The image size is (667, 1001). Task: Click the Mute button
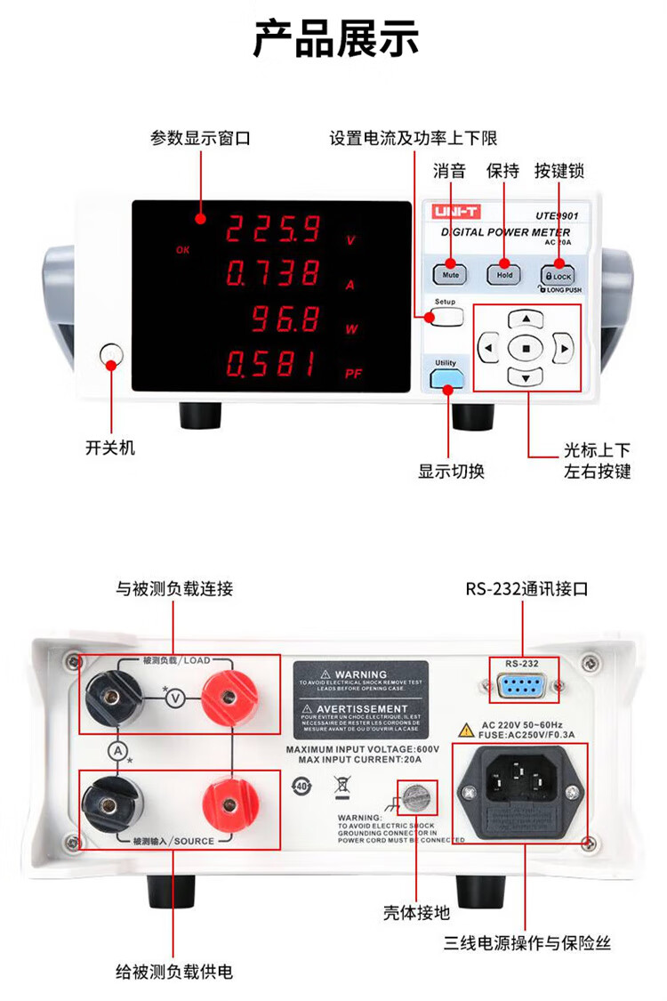(x=450, y=275)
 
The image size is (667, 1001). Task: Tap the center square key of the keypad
(x=526, y=349)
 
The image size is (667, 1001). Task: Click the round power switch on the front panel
(x=111, y=357)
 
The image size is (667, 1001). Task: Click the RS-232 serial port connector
(x=522, y=689)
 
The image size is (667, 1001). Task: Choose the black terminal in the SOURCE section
(x=109, y=806)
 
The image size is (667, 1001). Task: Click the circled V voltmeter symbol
(x=175, y=698)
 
